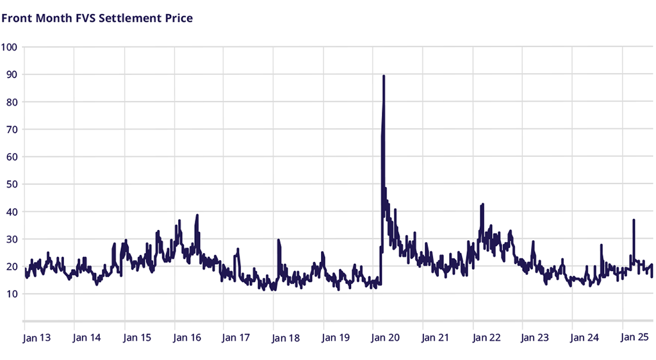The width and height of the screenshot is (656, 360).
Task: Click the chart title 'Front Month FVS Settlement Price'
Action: [97, 18]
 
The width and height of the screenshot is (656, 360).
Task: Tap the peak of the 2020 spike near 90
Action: [383, 76]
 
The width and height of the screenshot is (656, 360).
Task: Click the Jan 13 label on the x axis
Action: [37, 338]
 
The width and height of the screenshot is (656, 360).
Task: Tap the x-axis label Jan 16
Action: [187, 338]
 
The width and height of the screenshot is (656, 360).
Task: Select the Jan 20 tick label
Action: [387, 338]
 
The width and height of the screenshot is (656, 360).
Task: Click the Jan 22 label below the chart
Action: [486, 338]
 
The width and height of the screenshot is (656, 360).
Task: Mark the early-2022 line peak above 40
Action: [482, 204]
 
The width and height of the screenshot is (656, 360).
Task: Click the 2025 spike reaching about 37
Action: [634, 220]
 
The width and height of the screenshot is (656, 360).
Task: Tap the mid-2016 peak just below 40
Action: [197, 215]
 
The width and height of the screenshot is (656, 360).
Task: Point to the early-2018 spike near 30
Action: [278, 240]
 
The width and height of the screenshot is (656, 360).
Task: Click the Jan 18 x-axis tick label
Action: [287, 338]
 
